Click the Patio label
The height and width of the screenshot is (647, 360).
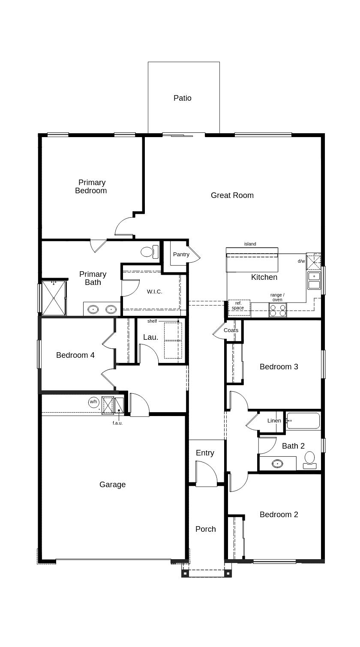pyautogui.click(x=182, y=98)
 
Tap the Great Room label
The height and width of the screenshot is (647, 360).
pyautogui.click(x=232, y=195)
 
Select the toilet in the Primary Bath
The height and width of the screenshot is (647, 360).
pyautogui.click(x=150, y=252)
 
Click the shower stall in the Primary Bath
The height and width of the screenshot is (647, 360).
pyautogui.click(x=54, y=298)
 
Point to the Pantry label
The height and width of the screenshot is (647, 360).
pyautogui.click(x=181, y=254)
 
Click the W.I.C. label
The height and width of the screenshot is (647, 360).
pyautogui.click(x=154, y=291)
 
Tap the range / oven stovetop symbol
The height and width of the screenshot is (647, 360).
pyautogui.click(x=278, y=310)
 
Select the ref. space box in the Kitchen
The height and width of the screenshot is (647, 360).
pyautogui.click(x=240, y=308)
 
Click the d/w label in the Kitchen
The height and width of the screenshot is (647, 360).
pyautogui.click(x=301, y=261)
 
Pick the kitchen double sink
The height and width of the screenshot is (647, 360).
pyautogui.click(x=314, y=280)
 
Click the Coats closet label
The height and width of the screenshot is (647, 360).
pyautogui.click(x=231, y=330)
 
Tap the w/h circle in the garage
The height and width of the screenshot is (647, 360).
pyautogui.click(x=93, y=402)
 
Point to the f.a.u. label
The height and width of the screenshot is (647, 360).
pyautogui.click(x=117, y=423)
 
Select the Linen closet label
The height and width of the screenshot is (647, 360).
pyautogui.click(x=274, y=421)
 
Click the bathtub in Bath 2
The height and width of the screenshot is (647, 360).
pyautogui.click(x=303, y=421)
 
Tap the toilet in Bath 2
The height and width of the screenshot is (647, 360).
pyautogui.click(x=310, y=460)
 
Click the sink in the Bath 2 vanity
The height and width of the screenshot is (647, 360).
pyautogui.click(x=277, y=464)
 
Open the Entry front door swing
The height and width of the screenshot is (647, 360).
pyautogui.click(x=206, y=474)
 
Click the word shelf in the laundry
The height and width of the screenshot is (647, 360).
pyautogui.click(x=152, y=321)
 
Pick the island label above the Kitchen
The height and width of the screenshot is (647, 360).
pyautogui.click(x=250, y=244)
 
